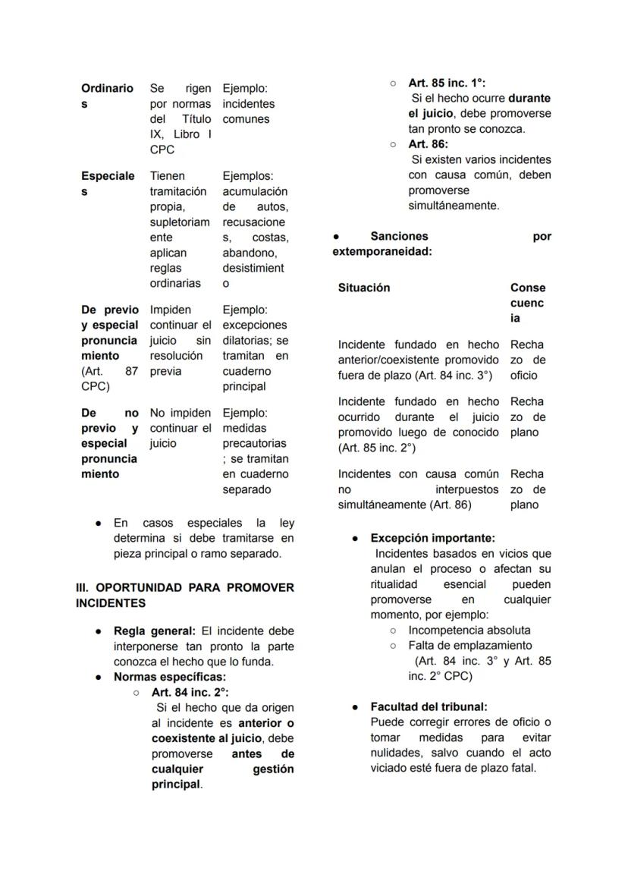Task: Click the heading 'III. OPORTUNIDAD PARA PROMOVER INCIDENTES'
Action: click(184, 596)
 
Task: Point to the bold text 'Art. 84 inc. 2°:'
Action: click(190, 692)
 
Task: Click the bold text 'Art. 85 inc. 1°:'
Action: click(447, 83)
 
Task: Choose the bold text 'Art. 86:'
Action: click(429, 143)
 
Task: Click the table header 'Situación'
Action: click(364, 288)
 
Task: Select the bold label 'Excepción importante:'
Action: click(432, 538)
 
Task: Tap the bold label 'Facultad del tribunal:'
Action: click(429, 706)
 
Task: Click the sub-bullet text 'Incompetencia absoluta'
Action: click(469, 630)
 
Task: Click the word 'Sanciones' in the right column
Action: click(399, 236)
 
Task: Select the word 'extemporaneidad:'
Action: click(382, 251)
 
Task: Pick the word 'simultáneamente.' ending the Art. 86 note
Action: click(454, 206)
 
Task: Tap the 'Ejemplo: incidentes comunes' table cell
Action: click(249, 104)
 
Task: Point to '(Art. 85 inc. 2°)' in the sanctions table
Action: click(377, 448)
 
